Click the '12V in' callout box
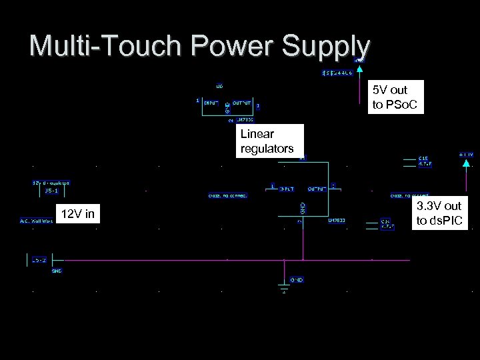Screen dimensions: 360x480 77,214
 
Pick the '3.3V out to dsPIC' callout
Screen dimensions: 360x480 438,213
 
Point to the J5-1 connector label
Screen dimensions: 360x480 51,191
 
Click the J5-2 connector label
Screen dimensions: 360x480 39,260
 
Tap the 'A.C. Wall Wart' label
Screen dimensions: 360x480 36,221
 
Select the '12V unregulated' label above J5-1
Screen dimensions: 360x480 51,183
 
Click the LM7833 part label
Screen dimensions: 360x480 336,220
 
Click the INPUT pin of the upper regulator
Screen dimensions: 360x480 211,103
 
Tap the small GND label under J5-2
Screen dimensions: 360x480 57,271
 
